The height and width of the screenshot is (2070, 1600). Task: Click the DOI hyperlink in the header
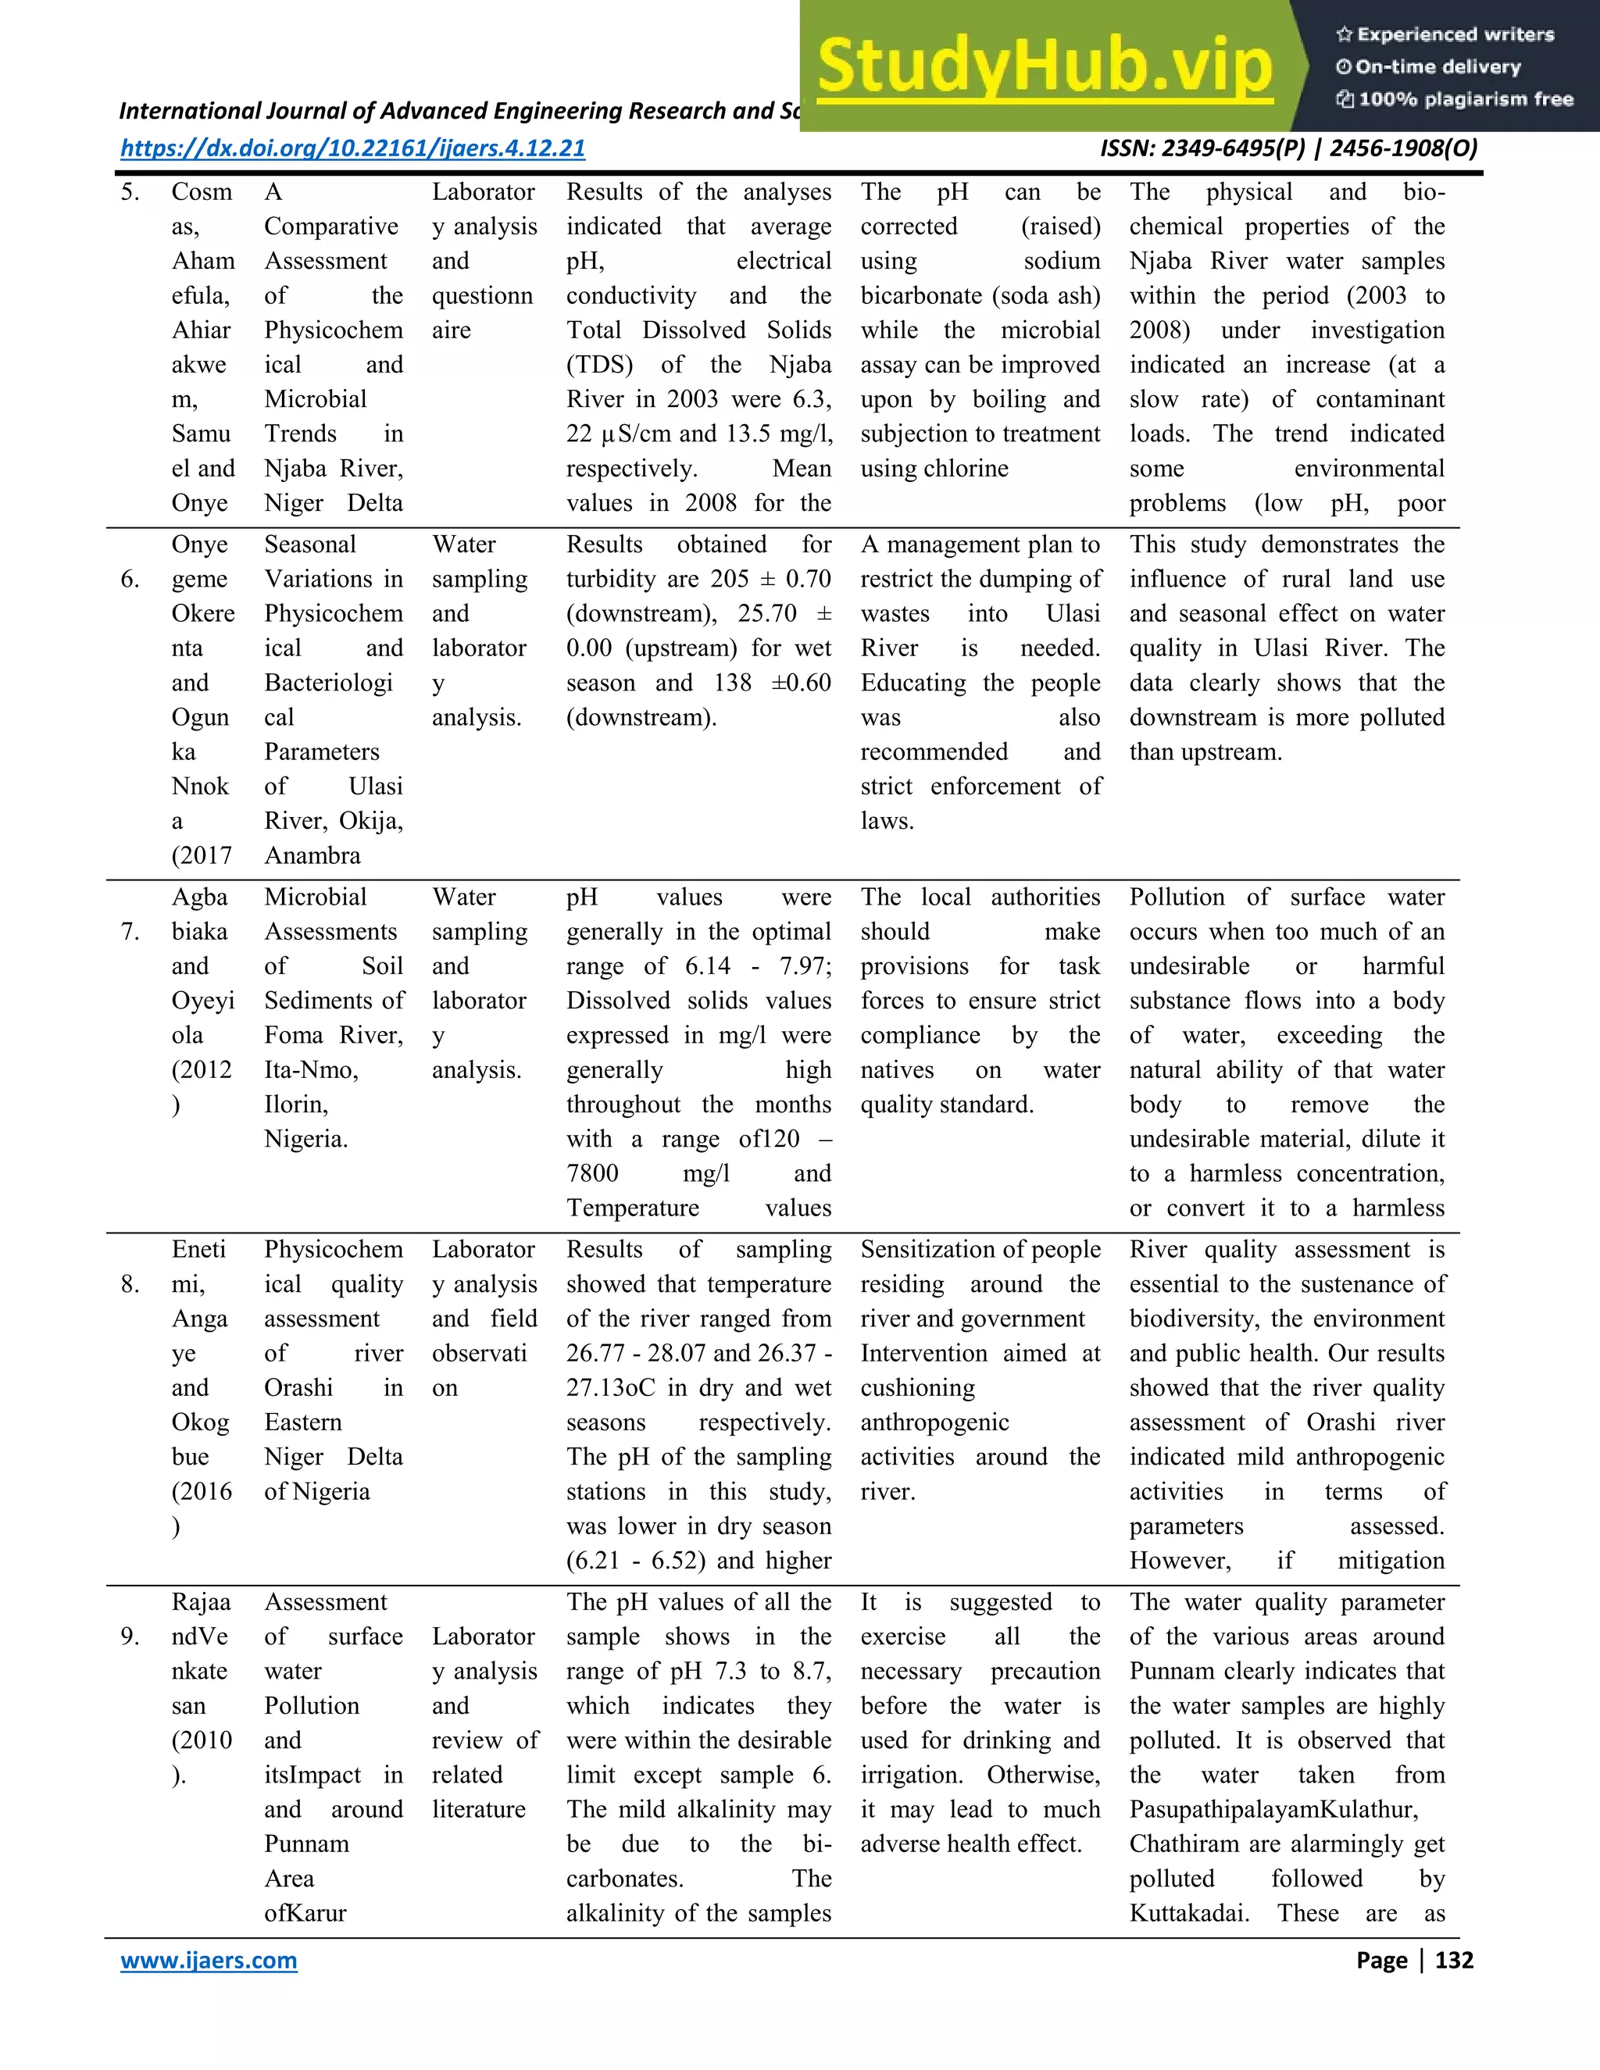(352, 148)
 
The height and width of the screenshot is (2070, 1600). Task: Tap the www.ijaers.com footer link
(209, 1960)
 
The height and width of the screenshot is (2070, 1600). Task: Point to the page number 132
(1454, 1960)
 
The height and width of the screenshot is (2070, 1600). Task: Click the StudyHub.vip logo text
(1044, 66)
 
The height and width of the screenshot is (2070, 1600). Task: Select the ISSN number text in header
(1288, 148)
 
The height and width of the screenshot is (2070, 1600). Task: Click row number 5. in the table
(130, 192)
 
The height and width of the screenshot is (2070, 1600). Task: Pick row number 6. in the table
(130, 579)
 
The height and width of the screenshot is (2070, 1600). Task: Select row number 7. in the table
(130, 932)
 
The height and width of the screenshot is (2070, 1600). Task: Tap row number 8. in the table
(130, 1284)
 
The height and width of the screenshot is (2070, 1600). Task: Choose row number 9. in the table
(130, 1636)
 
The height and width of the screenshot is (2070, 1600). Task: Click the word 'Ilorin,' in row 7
(296, 1105)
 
